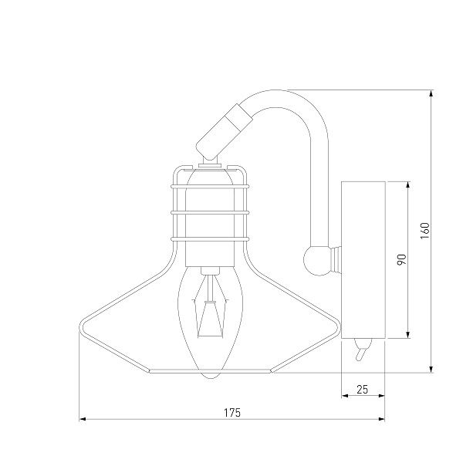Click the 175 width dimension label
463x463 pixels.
click(232, 413)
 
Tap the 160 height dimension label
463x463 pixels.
click(424, 231)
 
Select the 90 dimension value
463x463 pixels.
click(401, 259)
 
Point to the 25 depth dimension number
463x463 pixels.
click(363, 390)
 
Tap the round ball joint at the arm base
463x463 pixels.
click(316, 261)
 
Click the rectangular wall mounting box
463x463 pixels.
click(363, 260)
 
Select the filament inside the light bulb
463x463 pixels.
click(210, 307)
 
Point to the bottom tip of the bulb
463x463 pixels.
click(210, 378)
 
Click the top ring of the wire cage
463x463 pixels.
click(210, 186)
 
